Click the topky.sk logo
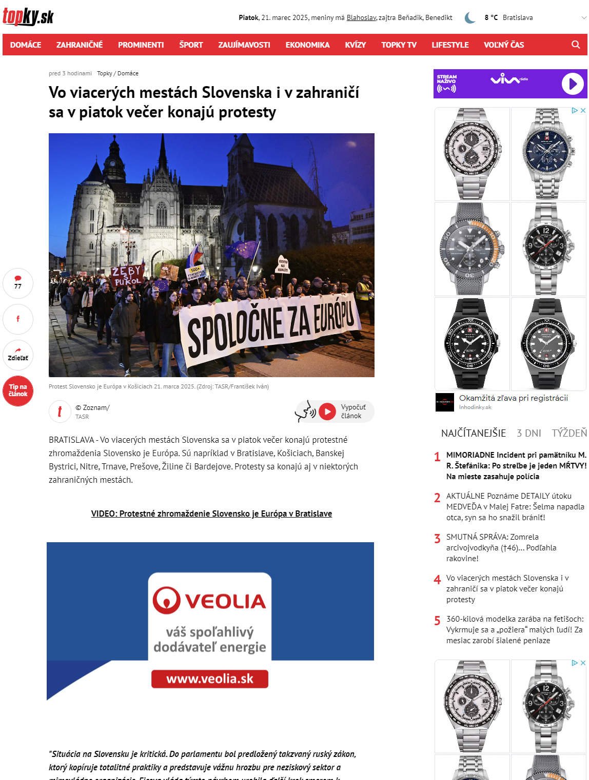[x=28, y=17]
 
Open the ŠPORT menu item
[x=191, y=45]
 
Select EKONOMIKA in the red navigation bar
[x=307, y=45]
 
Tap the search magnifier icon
[x=576, y=45]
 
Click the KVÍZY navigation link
[x=355, y=45]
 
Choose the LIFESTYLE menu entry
[x=450, y=45]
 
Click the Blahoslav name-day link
[x=361, y=17]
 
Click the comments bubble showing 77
[x=18, y=283]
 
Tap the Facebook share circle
[x=18, y=319]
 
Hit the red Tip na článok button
[x=18, y=391]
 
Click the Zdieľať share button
[x=18, y=355]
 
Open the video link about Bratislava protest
[x=211, y=514]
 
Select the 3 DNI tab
[x=528, y=433]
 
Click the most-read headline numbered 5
[x=514, y=629]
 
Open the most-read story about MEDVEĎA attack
[x=515, y=506]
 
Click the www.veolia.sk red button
[x=210, y=679]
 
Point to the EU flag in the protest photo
[x=242, y=250]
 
